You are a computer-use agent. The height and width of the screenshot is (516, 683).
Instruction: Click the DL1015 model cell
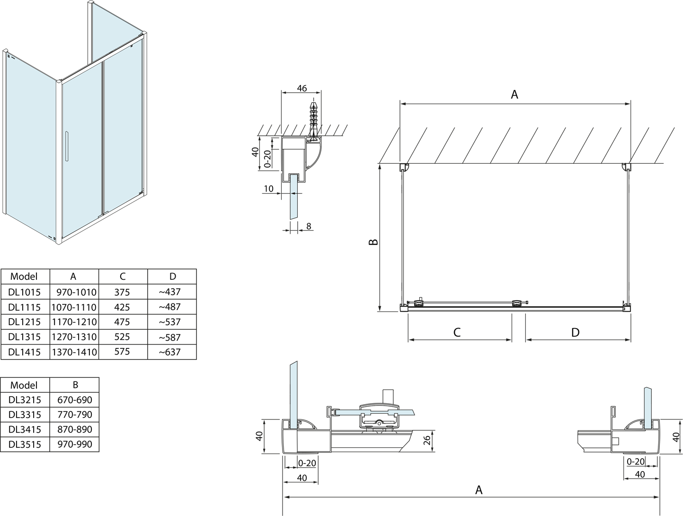coord(25,292)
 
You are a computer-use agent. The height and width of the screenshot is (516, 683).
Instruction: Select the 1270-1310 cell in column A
coord(74,337)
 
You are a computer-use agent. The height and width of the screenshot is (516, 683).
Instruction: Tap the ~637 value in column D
coord(170,352)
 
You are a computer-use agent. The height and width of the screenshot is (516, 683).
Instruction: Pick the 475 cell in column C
coord(122,322)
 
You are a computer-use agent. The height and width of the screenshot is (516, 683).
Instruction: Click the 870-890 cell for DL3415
coord(75,429)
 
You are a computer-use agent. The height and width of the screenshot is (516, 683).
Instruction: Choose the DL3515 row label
coord(25,444)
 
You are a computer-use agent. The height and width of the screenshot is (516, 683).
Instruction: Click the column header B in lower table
coord(75,385)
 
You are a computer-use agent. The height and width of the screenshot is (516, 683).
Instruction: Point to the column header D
coord(172,276)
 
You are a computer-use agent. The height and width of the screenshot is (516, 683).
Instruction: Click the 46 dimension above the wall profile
coord(302,89)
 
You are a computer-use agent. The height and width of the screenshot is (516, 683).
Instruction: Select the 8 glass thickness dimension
coord(309,226)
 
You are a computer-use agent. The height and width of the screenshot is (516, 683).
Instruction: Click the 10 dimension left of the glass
coord(268,189)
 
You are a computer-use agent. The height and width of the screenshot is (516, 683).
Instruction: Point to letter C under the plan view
coord(457,332)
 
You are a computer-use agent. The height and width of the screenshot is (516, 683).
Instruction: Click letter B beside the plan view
coord(374,242)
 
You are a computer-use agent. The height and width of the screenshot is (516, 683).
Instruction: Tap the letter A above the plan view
coord(514,95)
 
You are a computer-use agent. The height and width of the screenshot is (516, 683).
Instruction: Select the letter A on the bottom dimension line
coord(479,489)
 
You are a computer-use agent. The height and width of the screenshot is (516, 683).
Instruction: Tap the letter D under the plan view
coord(576,332)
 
